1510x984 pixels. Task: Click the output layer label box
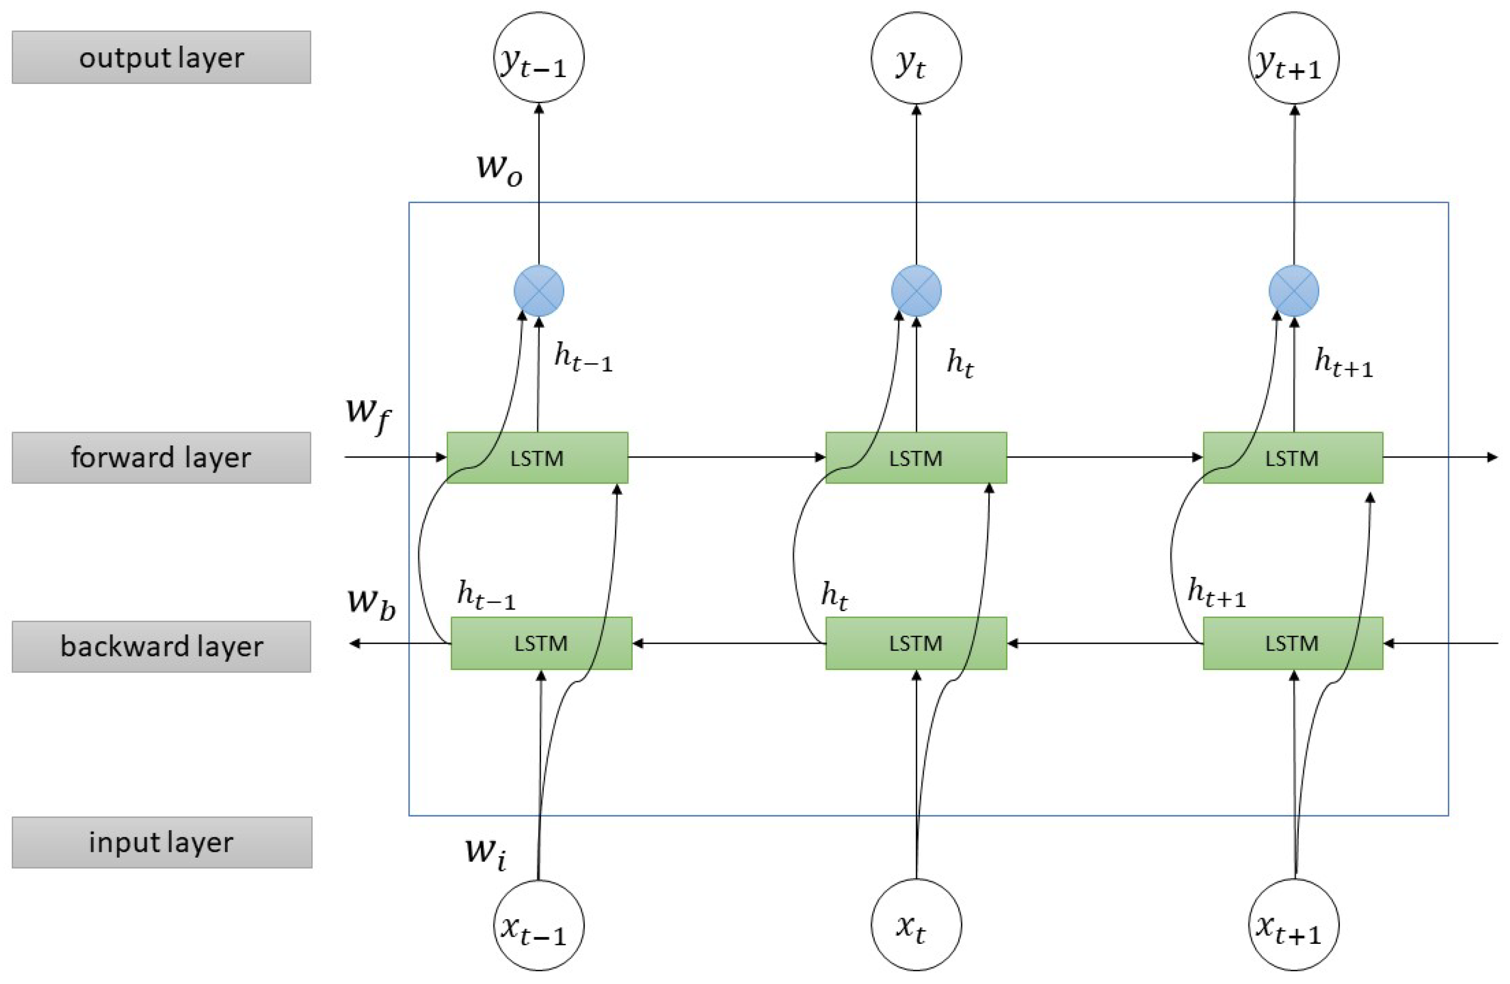coord(161,57)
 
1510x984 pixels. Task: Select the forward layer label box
coord(161,457)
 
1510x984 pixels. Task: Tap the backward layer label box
coord(161,646)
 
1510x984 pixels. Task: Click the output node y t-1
coord(538,58)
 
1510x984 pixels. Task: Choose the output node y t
coord(916,58)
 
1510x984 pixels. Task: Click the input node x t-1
coord(538,925)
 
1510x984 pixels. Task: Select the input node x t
coord(916,925)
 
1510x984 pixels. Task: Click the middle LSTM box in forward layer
coord(915,457)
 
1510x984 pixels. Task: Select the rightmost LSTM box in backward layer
coord(1292,643)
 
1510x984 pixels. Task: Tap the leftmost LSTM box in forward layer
coord(537,457)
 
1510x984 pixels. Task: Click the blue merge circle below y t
coord(916,291)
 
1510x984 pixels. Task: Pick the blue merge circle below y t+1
coord(1293,291)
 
